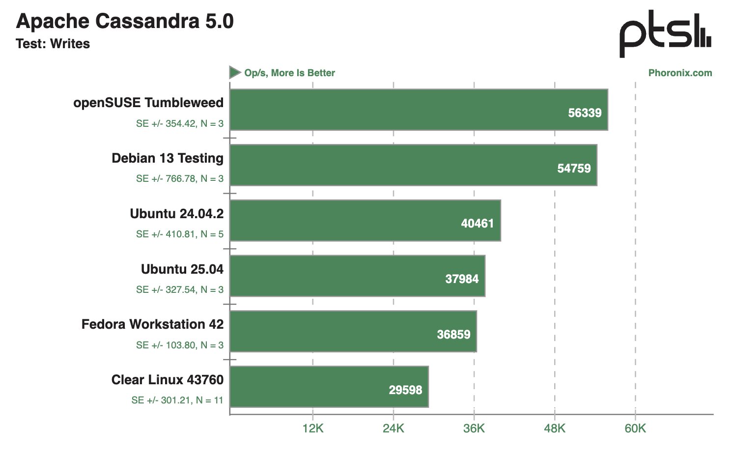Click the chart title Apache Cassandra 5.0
pos(125,21)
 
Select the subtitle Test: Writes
pos(53,44)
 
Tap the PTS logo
pos(665,33)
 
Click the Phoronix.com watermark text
pos(680,73)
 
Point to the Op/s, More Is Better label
pos(289,73)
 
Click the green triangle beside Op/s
pos(235,73)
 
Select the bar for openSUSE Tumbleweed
pos(418,110)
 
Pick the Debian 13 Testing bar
pos(413,165)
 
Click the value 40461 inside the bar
pos(477,224)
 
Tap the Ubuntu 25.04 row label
pos(182,269)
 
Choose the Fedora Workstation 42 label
pos(152,324)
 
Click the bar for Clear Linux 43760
pos(329,387)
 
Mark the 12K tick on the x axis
pos(313,428)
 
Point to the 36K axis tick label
pos(474,428)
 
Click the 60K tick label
pos(635,428)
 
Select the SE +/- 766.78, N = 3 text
pos(180,179)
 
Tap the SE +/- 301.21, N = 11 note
pos(177,400)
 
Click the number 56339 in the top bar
pos(585,113)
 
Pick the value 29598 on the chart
pos(405,390)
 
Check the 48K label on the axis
pos(554,428)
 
